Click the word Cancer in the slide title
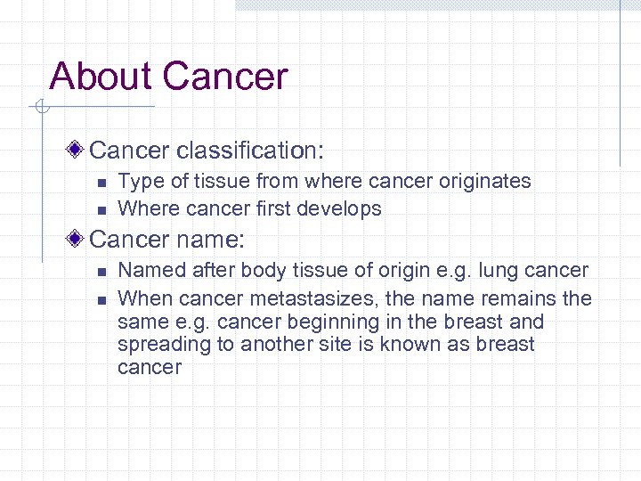tap(226, 77)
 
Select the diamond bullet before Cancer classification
tap(78, 147)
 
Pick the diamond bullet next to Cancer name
tap(78, 240)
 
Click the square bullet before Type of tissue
tap(101, 183)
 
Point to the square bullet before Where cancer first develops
tap(101, 210)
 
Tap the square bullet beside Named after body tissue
tap(101, 271)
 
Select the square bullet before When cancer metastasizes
tap(101, 298)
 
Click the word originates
tap(484, 182)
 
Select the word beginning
tap(338, 322)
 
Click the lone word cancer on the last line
tap(150, 367)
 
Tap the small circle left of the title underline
tap(40, 109)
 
